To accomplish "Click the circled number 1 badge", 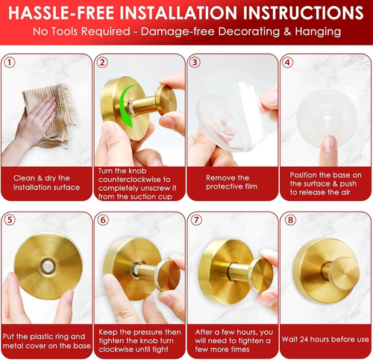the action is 10,63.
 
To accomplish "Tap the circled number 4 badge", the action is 287,63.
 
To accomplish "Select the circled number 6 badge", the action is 103,220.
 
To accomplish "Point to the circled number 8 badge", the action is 290,220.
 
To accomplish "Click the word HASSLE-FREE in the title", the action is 61,13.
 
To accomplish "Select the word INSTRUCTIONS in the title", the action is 303,13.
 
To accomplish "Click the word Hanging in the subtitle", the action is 318,32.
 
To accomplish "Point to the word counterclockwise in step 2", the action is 134,180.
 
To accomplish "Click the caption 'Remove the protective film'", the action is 231,182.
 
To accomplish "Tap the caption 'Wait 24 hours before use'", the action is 325,339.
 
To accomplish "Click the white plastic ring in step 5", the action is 48,266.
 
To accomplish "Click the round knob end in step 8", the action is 345,274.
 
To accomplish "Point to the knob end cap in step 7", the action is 263,274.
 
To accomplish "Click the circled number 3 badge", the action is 195,63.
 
